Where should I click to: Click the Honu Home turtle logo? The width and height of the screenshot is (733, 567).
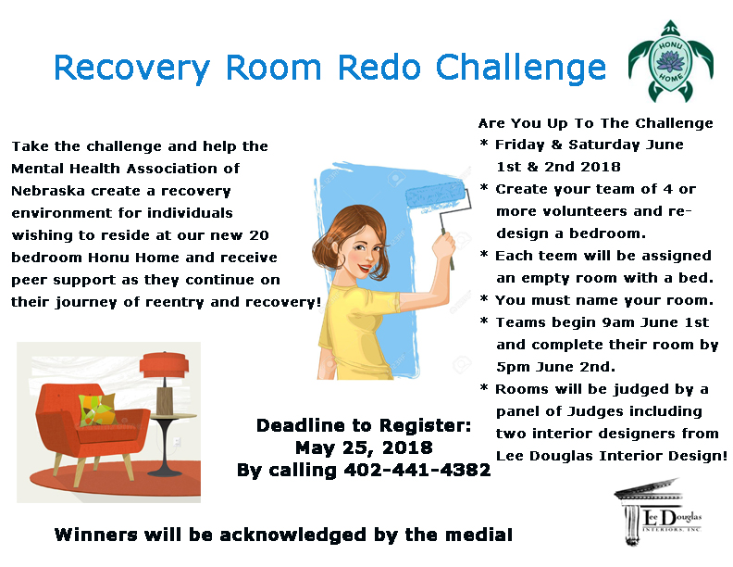coord(671,61)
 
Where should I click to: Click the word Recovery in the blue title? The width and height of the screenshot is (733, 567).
coord(131,69)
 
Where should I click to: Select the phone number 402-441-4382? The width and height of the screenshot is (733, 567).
coord(417,470)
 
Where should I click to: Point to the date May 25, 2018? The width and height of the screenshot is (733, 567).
coord(364,447)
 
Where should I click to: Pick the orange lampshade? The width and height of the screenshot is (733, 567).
coord(164,364)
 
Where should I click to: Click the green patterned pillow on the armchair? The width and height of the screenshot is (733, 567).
coord(96,410)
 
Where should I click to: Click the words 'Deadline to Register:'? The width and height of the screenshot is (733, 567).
coord(364,425)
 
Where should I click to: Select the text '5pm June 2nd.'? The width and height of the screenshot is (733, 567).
coord(555,367)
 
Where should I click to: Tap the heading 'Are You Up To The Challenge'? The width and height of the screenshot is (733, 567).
coord(596,123)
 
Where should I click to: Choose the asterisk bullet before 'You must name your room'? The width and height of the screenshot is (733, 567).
coord(484,298)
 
